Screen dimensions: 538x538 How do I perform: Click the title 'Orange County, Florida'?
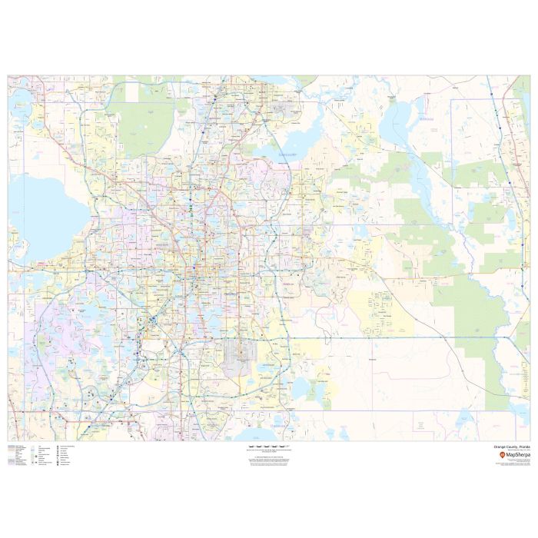[510, 446]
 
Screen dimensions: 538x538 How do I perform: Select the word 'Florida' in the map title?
[523, 446]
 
